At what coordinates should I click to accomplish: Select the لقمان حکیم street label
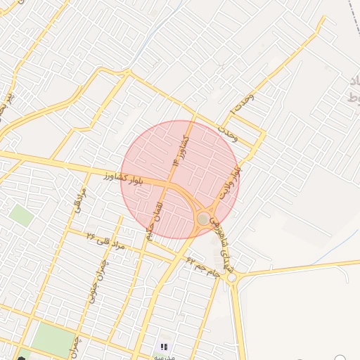[x=155, y=220]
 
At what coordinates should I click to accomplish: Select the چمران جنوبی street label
[x=98, y=279]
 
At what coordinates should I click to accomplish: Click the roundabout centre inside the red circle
[x=203, y=219]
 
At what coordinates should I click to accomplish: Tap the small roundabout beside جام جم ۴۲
[x=233, y=278]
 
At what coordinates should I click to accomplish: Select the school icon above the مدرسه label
[x=164, y=347]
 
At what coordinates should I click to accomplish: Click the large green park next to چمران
[x=53, y=340]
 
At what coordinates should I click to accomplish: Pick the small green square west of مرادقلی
[x=21, y=214]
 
